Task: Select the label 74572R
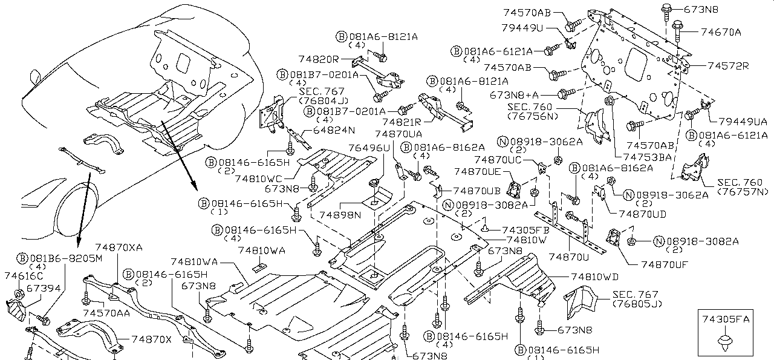(728, 66)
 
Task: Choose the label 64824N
(334, 131)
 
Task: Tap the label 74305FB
(525, 230)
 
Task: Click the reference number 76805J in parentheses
(637, 303)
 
